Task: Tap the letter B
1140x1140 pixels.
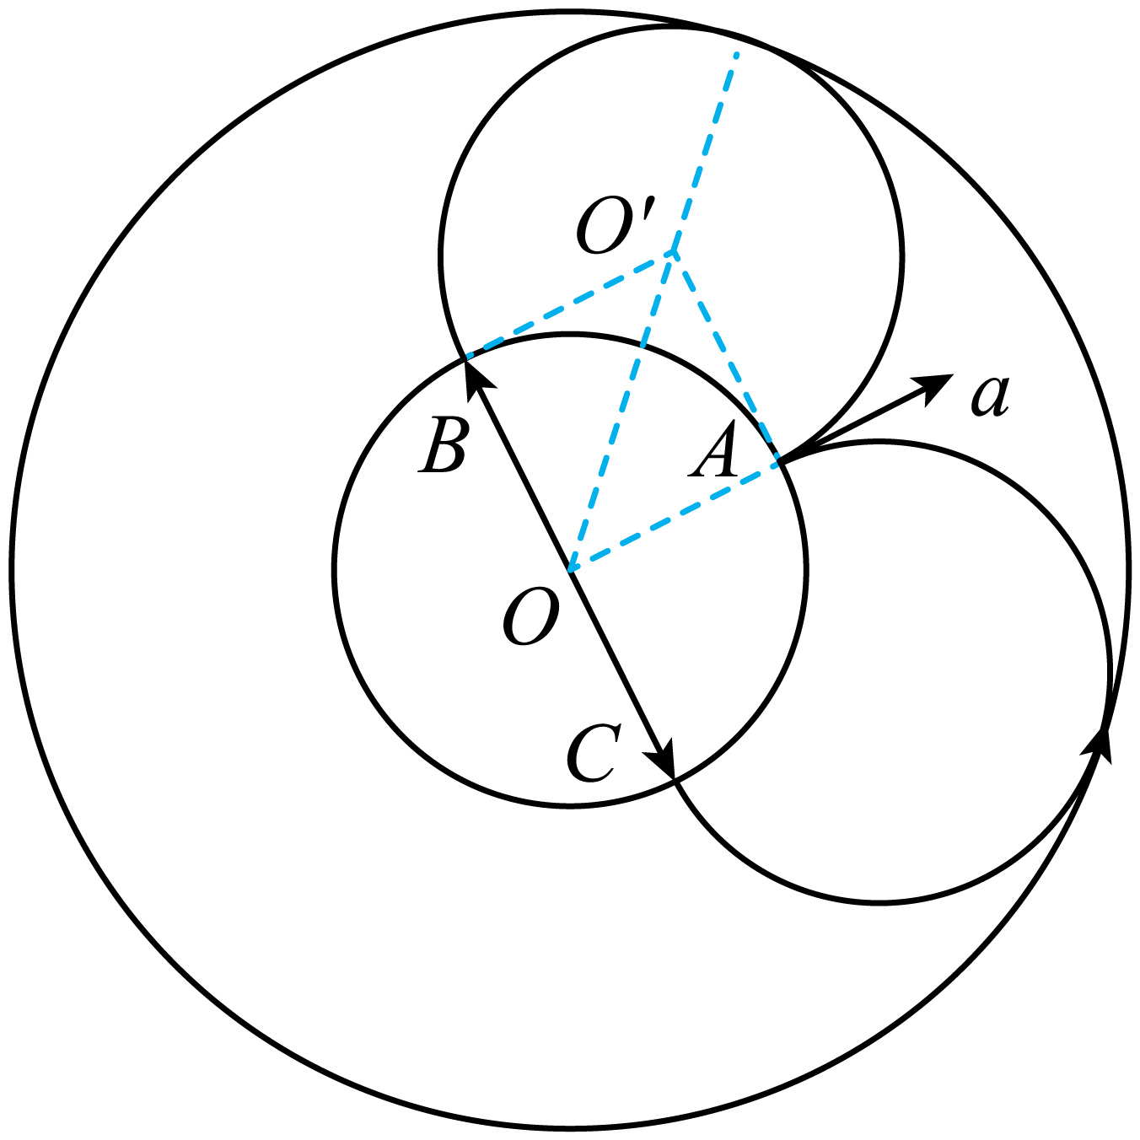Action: pyautogui.click(x=444, y=446)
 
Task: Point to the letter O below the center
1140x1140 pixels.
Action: pyautogui.click(x=531, y=616)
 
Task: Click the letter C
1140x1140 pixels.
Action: pyautogui.click(x=594, y=752)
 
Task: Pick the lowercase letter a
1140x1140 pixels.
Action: pyautogui.click(x=989, y=395)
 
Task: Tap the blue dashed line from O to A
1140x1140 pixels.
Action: pyautogui.click(x=675, y=518)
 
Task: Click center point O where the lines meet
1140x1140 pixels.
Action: pyautogui.click(x=570, y=571)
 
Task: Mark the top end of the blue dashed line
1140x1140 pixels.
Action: pyautogui.click(x=736, y=54)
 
